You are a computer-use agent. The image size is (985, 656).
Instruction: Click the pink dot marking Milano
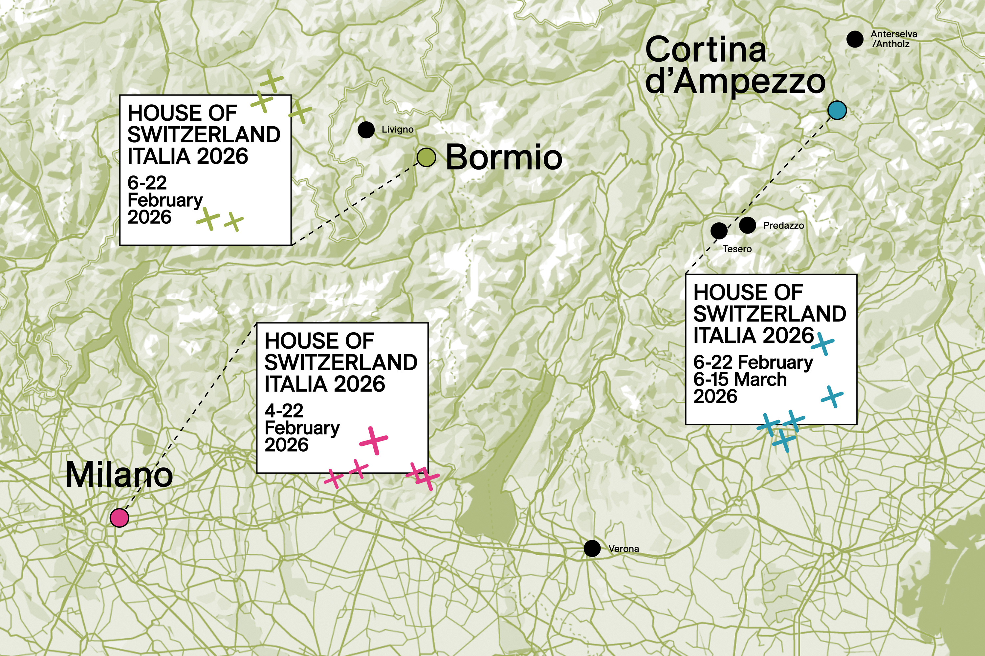(120, 518)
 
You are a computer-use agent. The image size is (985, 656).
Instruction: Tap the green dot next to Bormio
(426, 157)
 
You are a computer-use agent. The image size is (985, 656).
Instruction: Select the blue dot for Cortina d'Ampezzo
(837, 111)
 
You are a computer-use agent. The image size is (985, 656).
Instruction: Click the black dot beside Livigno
(366, 130)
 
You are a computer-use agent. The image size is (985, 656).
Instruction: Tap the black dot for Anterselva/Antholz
(855, 39)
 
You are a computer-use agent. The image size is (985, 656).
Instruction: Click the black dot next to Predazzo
(748, 225)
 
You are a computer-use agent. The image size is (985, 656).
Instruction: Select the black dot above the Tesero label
(719, 230)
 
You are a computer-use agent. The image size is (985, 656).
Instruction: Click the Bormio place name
(504, 157)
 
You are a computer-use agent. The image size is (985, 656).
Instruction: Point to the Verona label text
(624, 548)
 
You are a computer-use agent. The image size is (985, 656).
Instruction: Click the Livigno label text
(397, 130)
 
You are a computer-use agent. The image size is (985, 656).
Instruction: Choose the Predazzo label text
(783, 226)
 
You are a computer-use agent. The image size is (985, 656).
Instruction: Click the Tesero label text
(737, 249)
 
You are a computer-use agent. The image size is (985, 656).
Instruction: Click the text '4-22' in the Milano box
(284, 411)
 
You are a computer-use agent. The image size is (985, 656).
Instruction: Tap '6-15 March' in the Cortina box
(740, 379)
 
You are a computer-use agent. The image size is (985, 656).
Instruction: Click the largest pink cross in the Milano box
(374, 440)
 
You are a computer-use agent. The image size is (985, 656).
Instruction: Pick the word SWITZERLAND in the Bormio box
(204, 135)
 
